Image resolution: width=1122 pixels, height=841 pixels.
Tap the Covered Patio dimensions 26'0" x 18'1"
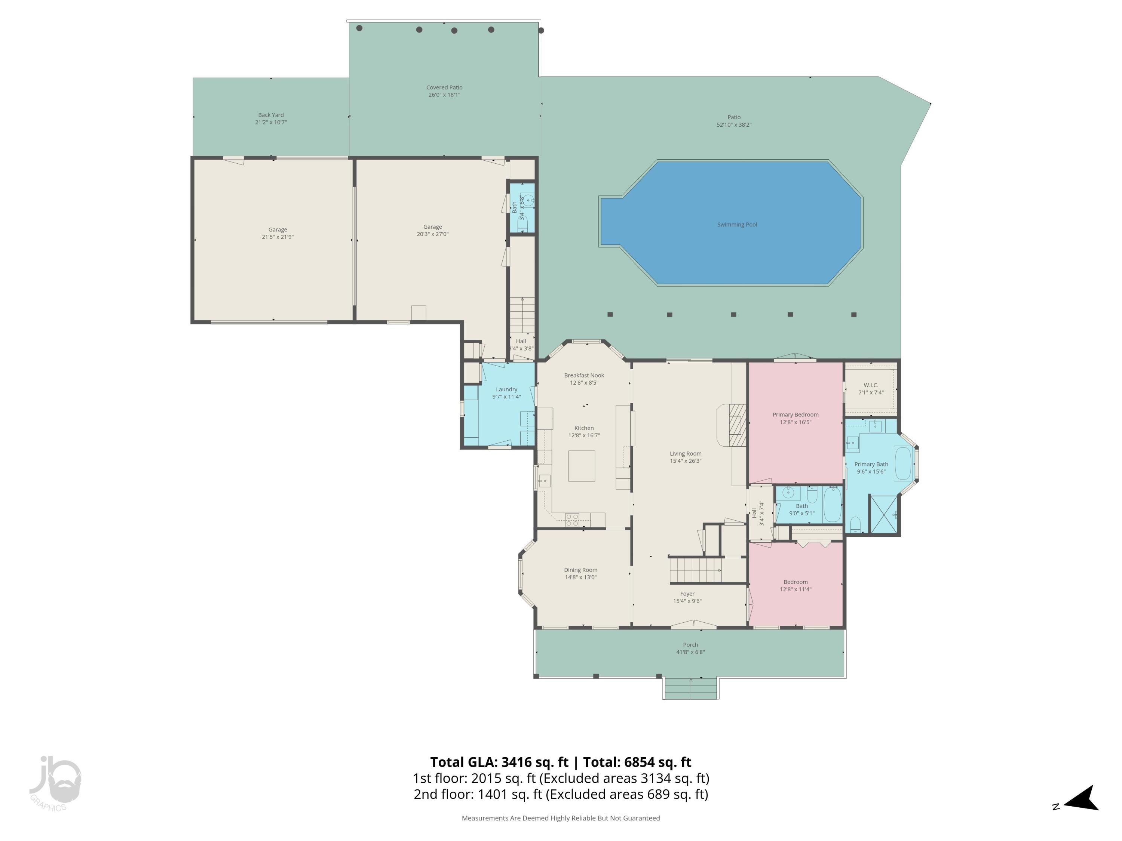tap(444, 95)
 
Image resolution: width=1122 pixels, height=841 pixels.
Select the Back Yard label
tap(271, 115)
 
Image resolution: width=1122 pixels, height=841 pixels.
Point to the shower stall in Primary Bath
tap(883, 514)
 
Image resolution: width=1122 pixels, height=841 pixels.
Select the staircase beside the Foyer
tap(695, 570)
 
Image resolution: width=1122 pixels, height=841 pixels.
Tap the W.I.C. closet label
tap(870, 385)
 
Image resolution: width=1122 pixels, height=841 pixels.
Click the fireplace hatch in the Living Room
tap(738, 425)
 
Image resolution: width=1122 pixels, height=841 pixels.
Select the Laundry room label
tap(506, 389)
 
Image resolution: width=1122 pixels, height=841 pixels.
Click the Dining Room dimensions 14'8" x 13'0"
tap(580, 577)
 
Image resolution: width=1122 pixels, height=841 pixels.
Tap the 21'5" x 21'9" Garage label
tap(278, 237)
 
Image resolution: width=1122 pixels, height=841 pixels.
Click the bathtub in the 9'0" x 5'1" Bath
tap(833, 504)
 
